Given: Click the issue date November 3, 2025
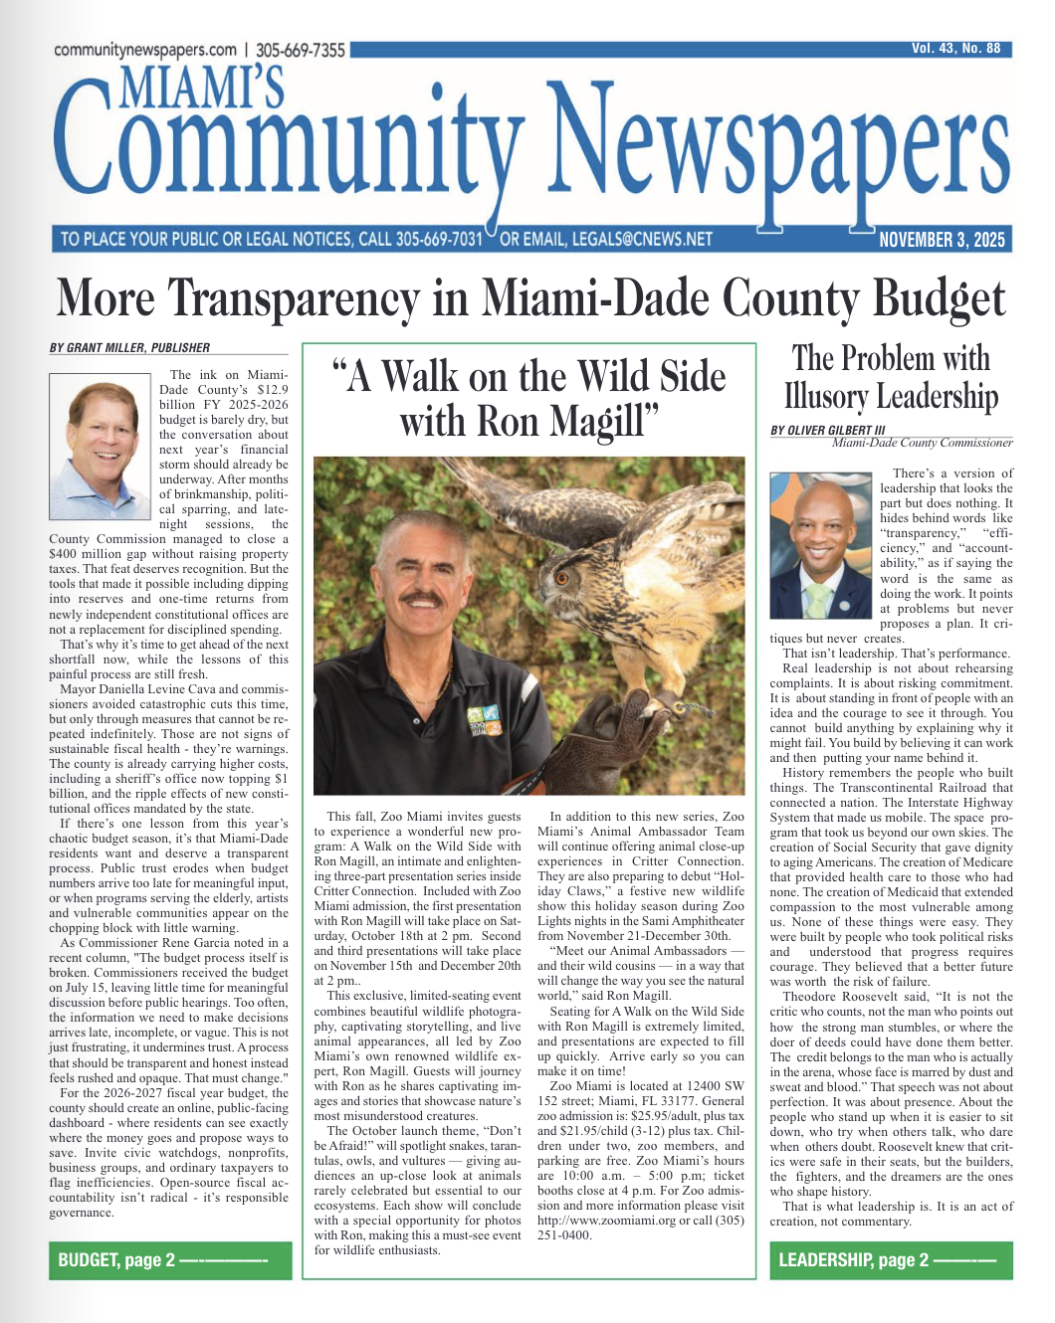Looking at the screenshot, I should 942,240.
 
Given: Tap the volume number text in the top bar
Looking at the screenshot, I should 955,48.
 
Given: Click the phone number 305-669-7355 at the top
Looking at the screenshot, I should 301,50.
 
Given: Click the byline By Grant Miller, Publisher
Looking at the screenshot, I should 129,348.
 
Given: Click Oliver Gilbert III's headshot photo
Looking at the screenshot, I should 820,544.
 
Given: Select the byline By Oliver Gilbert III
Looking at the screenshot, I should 827,430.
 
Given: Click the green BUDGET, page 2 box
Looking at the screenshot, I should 170,1260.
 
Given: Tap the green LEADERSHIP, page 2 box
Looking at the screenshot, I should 890,1260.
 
